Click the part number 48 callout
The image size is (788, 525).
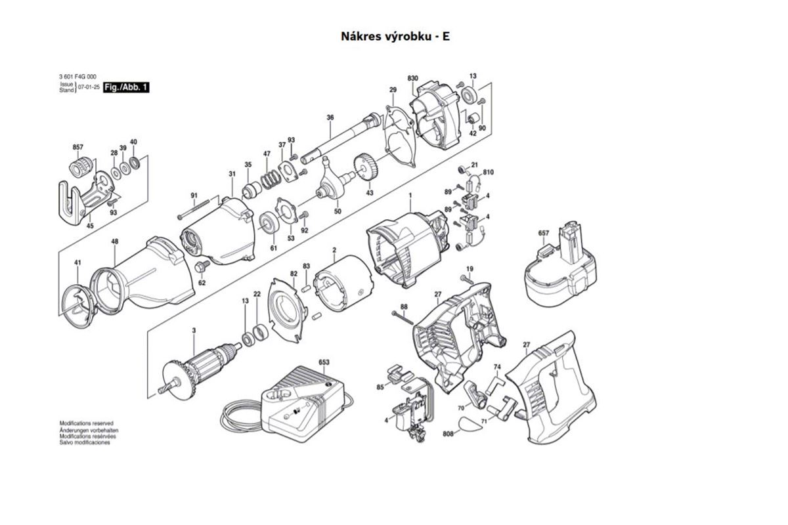[x=115, y=242]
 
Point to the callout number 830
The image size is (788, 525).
[x=412, y=79]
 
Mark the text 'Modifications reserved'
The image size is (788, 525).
[x=87, y=425]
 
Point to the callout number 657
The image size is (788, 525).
[x=543, y=234]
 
